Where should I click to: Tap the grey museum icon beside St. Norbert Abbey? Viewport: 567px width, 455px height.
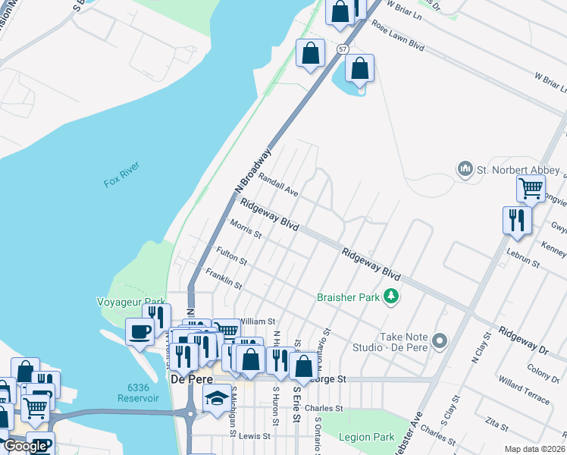point(465,168)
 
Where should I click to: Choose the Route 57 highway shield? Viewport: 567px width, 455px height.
point(343,49)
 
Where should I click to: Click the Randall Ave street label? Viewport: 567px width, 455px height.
point(278,184)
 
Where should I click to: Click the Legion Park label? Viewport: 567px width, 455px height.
point(367,437)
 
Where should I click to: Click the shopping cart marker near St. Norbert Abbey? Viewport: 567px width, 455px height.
point(531,188)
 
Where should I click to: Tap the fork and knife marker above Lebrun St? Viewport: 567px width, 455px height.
point(517,221)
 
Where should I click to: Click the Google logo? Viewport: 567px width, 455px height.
point(25,446)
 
